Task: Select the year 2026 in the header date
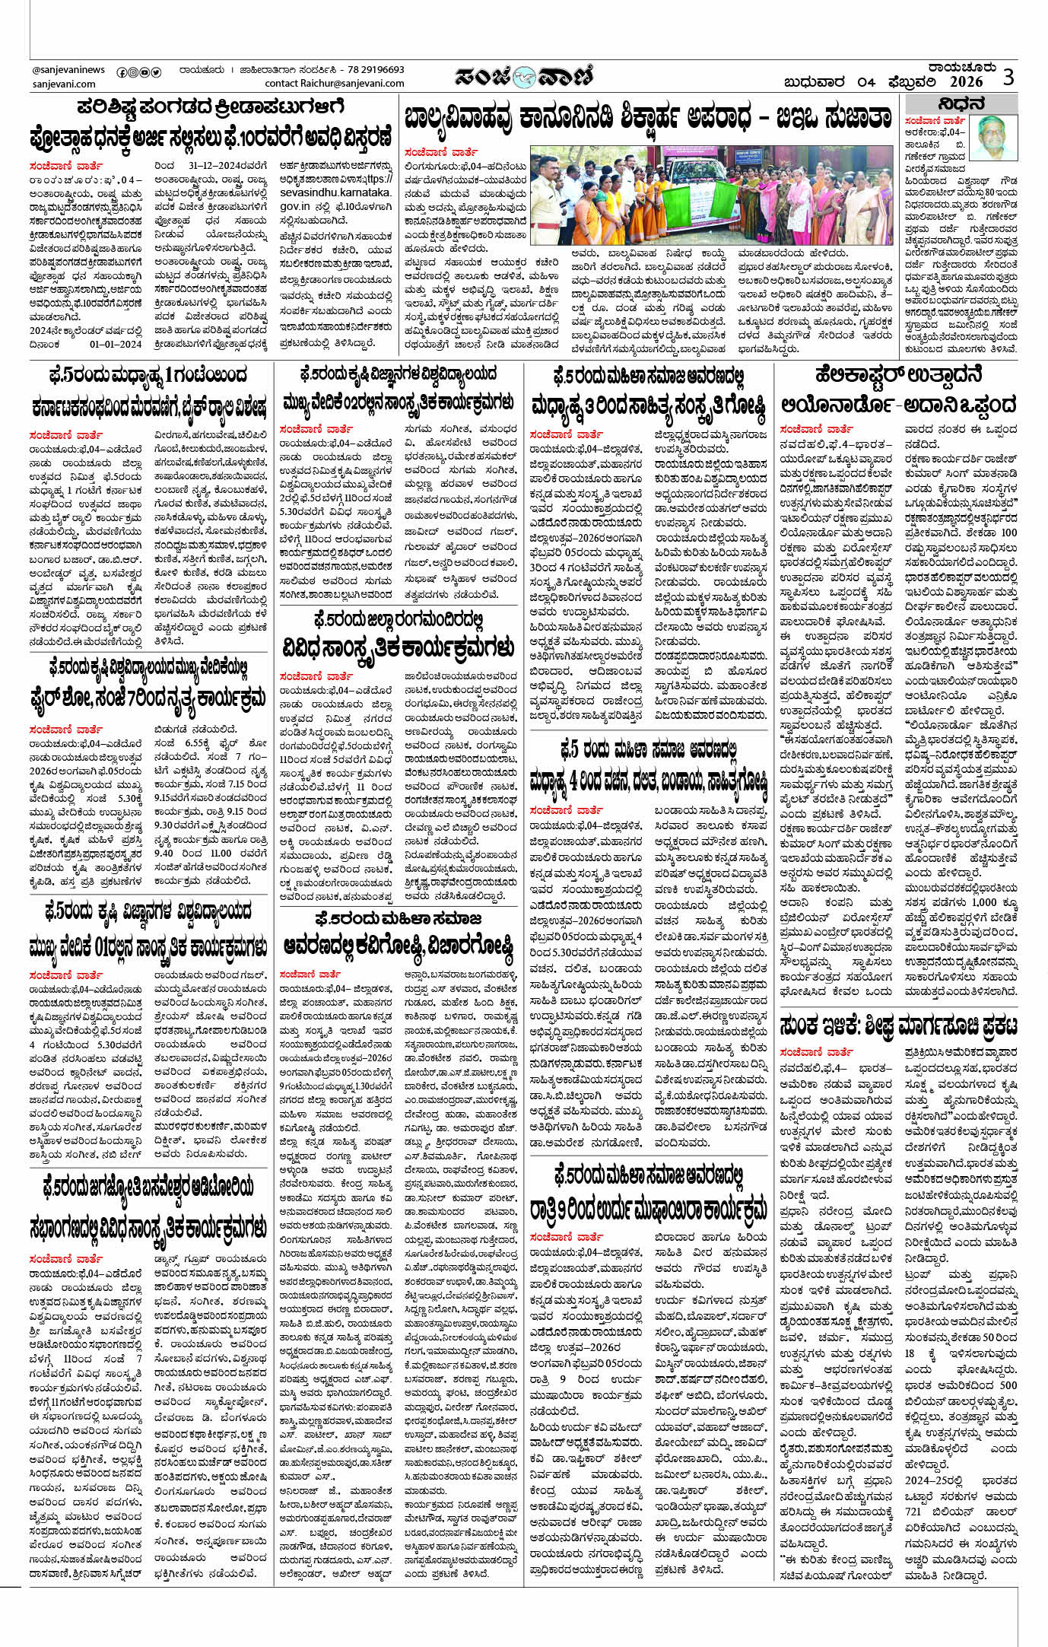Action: point(966,82)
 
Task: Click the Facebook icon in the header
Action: point(121,72)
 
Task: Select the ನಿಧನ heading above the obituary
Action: point(961,104)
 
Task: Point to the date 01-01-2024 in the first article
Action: point(116,344)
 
